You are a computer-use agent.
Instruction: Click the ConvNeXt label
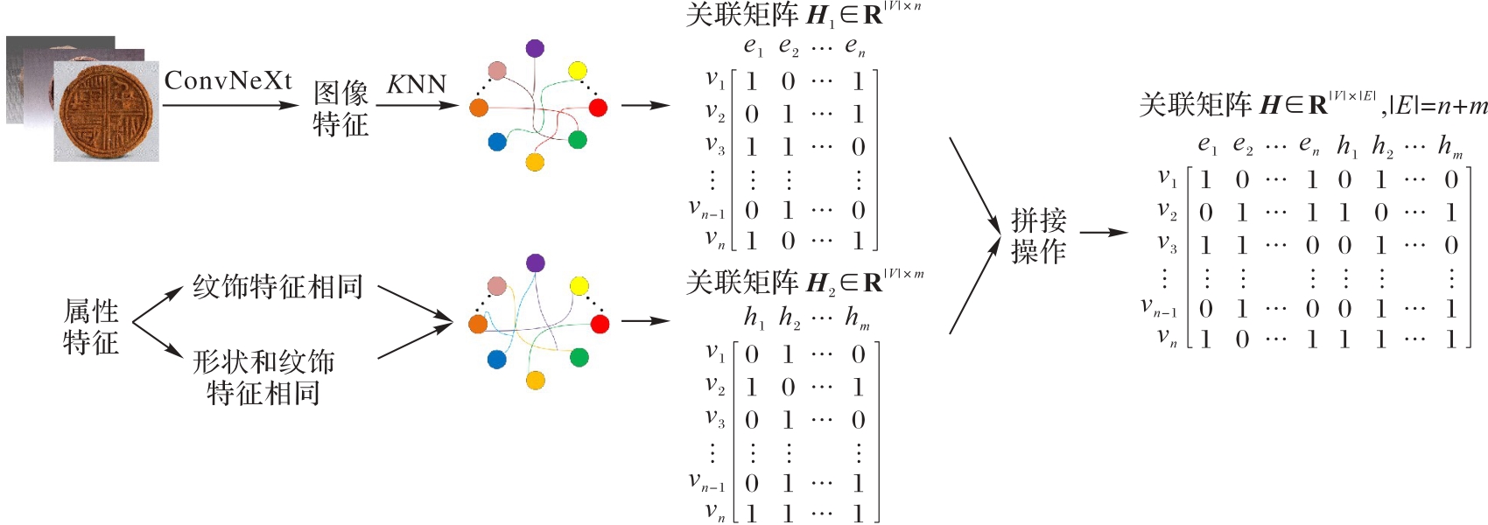228,81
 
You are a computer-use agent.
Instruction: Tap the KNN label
417,85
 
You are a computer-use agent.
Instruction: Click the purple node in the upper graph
535,48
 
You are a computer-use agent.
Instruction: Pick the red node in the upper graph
598,108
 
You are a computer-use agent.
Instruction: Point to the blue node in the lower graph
497,359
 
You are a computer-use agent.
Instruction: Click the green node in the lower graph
579,357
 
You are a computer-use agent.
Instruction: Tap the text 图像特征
340,108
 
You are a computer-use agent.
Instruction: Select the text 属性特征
91,326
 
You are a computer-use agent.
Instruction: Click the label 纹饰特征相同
277,287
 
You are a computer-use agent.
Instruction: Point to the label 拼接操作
1038,236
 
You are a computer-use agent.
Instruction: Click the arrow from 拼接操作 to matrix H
1104,233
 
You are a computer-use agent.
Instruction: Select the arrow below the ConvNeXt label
230,105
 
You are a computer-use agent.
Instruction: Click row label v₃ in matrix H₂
715,419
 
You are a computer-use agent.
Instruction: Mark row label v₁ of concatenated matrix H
1168,178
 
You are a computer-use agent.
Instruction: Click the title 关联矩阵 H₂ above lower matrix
804,282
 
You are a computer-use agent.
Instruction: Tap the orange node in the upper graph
479,108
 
